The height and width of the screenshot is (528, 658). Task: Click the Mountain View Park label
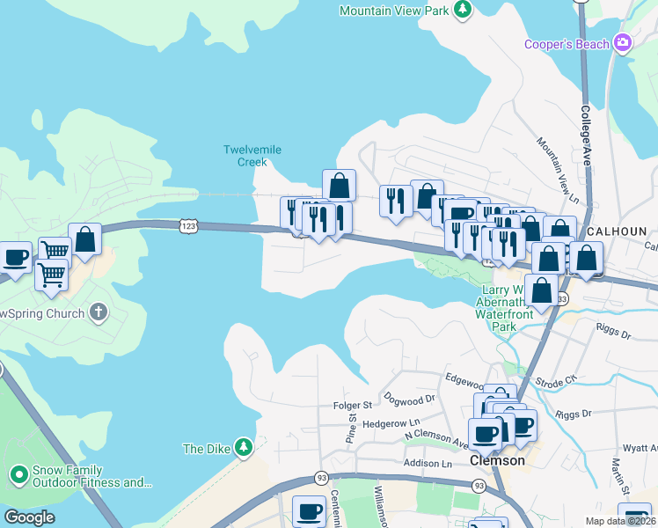coord(393,11)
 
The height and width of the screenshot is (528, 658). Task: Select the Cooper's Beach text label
coord(567,44)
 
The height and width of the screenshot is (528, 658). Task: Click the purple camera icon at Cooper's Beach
coord(624,42)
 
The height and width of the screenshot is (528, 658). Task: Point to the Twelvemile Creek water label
coord(252,156)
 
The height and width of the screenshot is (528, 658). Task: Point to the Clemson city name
coord(497,460)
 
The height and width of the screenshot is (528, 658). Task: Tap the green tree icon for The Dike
coord(244,448)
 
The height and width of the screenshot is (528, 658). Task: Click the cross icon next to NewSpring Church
coord(99,312)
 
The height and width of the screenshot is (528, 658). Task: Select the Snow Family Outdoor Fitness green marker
coord(18,476)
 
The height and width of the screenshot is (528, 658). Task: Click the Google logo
coord(29,517)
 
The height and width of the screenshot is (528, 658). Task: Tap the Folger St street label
coord(354,405)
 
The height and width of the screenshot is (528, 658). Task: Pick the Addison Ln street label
coord(427,464)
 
